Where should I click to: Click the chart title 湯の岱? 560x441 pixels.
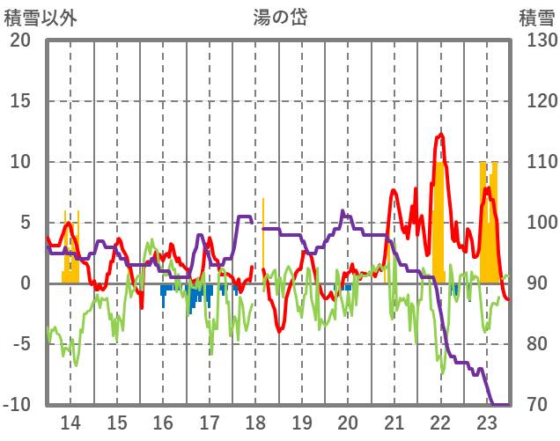point(279,17)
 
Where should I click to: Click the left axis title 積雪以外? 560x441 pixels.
point(41,18)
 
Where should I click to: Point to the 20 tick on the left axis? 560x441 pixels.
point(19,40)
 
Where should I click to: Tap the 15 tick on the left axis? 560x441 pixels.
point(19,101)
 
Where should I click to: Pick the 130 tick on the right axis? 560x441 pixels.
point(537,40)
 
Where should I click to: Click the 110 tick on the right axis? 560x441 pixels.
point(537,162)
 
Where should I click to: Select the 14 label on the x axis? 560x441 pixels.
point(70,422)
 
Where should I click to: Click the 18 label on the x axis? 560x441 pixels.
point(255,422)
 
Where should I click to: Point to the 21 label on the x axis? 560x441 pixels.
point(394,422)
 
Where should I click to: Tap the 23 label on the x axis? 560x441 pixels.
point(487,422)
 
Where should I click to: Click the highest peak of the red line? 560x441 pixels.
point(440,135)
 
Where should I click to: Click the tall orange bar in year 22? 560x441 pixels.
point(438,220)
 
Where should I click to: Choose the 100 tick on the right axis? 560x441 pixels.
point(537,223)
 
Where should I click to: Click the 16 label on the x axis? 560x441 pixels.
point(163,422)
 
